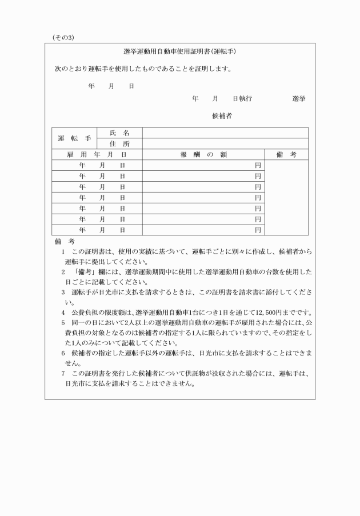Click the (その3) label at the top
tap(63, 38)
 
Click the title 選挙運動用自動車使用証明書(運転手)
tap(180, 51)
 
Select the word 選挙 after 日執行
tap(298, 99)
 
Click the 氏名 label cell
tap(119, 133)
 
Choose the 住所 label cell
tap(119, 144)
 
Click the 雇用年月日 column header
tap(97, 154)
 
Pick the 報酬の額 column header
tap(204, 154)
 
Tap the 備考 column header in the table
tap(286, 154)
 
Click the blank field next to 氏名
tap(225, 133)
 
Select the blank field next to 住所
tap(225, 144)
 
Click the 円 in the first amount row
tap(258, 165)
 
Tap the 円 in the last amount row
tap(258, 230)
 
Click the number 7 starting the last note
tap(63, 374)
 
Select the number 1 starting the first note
tap(63, 251)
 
